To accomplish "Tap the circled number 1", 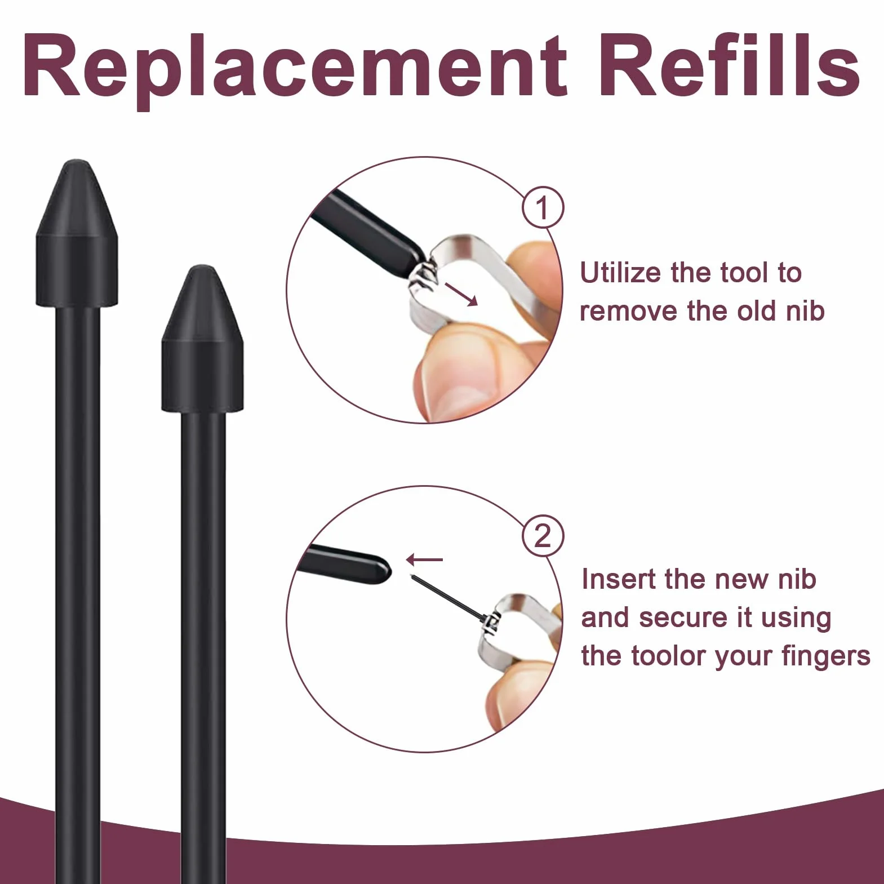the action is tap(543, 208).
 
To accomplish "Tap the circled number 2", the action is tap(543, 536).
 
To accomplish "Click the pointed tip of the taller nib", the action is tap(77, 162).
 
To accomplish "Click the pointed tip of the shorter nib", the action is tap(202, 268).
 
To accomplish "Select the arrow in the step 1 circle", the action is tap(461, 294).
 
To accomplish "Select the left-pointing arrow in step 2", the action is tap(424, 559).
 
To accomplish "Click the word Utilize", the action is tap(620, 273).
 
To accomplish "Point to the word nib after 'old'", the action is tap(806, 311).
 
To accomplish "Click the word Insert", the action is tap(619, 579).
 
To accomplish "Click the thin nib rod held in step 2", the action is tap(448, 598).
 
